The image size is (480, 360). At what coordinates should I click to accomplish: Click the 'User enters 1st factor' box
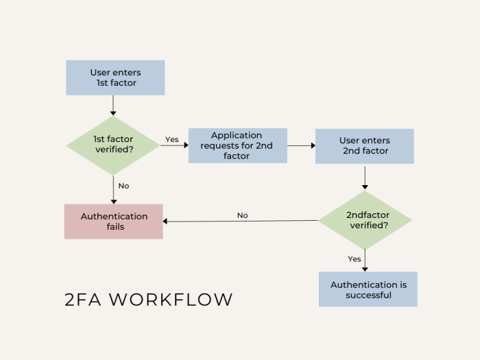[x=115, y=77]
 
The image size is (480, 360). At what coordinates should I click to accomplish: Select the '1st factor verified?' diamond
[x=113, y=145]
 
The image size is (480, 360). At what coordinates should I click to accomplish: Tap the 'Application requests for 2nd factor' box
[x=237, y=145]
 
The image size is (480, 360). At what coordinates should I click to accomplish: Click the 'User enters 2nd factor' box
[x=364, y=146]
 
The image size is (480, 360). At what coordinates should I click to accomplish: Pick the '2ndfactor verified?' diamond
[x=365, y=220]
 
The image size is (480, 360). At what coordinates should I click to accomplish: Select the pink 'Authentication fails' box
[x=114, y=221]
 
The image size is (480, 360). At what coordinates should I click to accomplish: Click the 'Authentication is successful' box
[x=368, y=289]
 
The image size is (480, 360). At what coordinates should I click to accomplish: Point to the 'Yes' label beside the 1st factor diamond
[x=171, y=139]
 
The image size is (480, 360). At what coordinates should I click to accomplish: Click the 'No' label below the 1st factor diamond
[x=123, y=186]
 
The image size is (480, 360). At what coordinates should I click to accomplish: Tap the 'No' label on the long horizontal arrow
[x=242, y=215]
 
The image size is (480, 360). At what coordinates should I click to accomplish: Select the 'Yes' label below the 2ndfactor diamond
[x=355, y=259]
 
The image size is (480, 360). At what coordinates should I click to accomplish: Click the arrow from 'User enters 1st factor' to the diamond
[x=113, y=105]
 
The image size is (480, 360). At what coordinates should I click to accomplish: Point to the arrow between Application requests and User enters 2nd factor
[x=301, y=145]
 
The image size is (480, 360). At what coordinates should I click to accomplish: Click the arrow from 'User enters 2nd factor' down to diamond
[x=365, y=177]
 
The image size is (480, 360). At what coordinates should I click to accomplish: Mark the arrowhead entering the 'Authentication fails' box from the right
[x=167, y=221]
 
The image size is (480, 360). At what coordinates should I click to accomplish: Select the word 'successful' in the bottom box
[x=368, y=296]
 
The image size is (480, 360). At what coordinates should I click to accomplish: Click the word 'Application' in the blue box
[x=237, y=135]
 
